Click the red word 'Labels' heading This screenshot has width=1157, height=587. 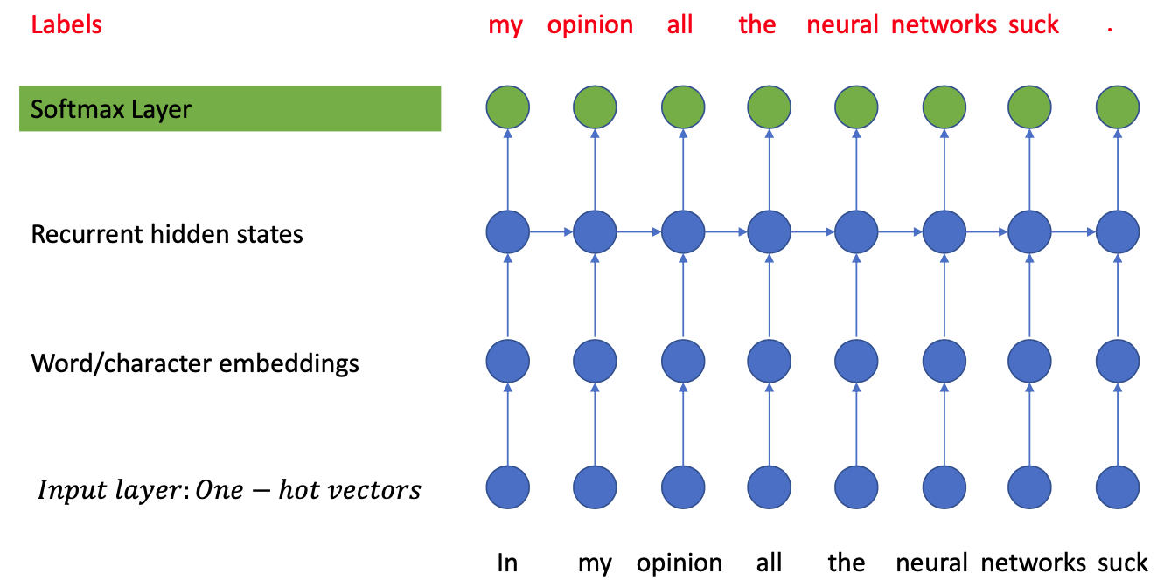pos(66,24)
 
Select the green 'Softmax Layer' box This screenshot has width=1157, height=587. pos(230,109)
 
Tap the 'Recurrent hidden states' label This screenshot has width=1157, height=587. pos(167,234)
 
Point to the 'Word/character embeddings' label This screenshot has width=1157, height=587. pos(195,363)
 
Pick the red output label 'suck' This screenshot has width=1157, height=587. pos(1033,24)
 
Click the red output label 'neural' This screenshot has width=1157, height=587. pos(842,24)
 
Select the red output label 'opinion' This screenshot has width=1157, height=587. pos(590,24)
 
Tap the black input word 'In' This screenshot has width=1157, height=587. pos(507,563)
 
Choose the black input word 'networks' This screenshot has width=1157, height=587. pos(1033,563)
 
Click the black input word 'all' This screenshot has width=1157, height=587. pos(769,563)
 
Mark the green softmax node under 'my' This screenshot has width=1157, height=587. pos(507,108)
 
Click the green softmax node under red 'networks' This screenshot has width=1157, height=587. pos(945,108)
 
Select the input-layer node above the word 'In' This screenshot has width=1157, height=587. pos(507,487)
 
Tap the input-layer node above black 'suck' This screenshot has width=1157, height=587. pos(1118,487)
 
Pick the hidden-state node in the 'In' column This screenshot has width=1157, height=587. pos(507,232)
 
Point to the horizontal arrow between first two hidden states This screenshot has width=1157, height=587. pos(551,232)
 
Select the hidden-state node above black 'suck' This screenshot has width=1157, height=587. pos(1118,232)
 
